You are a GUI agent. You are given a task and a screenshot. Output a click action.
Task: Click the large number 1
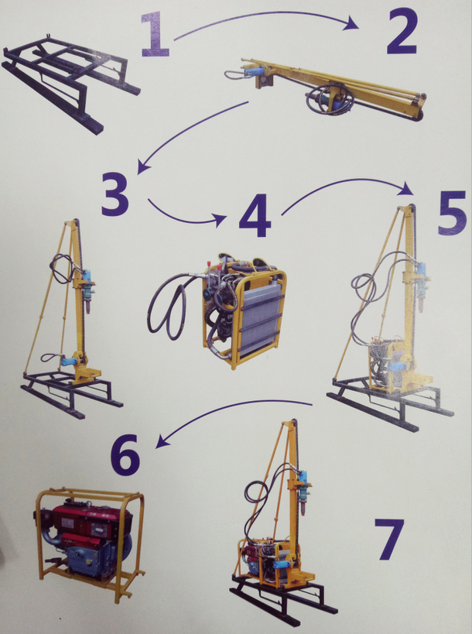click(x=156, y=34)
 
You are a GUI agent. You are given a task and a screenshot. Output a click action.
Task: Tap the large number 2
click(x=402, y=32)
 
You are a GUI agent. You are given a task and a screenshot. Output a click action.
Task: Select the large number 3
click(x=115, y=194)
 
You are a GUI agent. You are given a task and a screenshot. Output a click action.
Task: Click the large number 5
click(x=453, y=213)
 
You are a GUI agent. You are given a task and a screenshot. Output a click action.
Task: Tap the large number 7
click(x=389, y=540)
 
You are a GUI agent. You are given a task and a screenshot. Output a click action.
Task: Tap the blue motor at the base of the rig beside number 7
click(x=283, y=564)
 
